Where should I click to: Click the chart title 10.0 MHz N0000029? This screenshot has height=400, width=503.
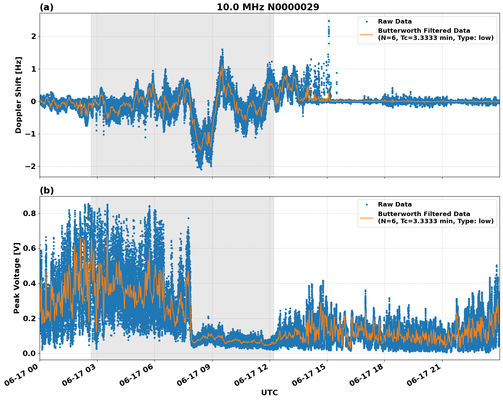coord(268,7)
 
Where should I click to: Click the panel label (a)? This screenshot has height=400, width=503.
coord(46,7)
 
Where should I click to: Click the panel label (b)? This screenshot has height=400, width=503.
coord(46,190)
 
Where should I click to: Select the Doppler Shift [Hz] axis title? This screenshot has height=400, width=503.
coord(18,95)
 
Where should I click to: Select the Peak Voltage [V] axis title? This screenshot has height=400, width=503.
coord(17,278)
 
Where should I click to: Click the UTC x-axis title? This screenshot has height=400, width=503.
coord(269,392)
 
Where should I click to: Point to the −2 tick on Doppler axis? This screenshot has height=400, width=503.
coord(30,167)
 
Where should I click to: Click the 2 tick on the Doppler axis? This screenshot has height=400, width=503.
coord(34,36)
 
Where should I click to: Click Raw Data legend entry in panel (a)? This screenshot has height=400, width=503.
coord(395,22)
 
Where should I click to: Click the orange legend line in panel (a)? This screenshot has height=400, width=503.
coord(367,34)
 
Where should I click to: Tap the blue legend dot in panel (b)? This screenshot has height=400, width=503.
coord(367,204)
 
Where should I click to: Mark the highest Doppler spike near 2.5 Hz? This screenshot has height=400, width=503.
coord(329,21)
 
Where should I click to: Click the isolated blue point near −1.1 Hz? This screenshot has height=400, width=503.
coord(145,137)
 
